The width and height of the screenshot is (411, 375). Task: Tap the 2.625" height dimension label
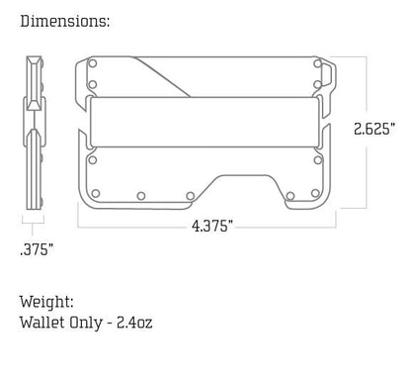tap(375, 129)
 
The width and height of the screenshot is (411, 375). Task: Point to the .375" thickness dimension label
tap(37, 248)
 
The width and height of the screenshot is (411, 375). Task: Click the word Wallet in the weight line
tap(41, 323)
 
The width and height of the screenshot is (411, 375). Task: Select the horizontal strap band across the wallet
tap(205, 120)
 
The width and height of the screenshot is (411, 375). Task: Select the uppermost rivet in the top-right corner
tap(317, 64)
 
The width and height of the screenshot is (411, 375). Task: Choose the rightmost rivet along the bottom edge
tap(317, 194)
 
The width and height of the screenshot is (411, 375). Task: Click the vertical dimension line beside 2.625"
tap(368, 89)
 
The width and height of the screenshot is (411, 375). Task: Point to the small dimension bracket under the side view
tap(36, 226)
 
